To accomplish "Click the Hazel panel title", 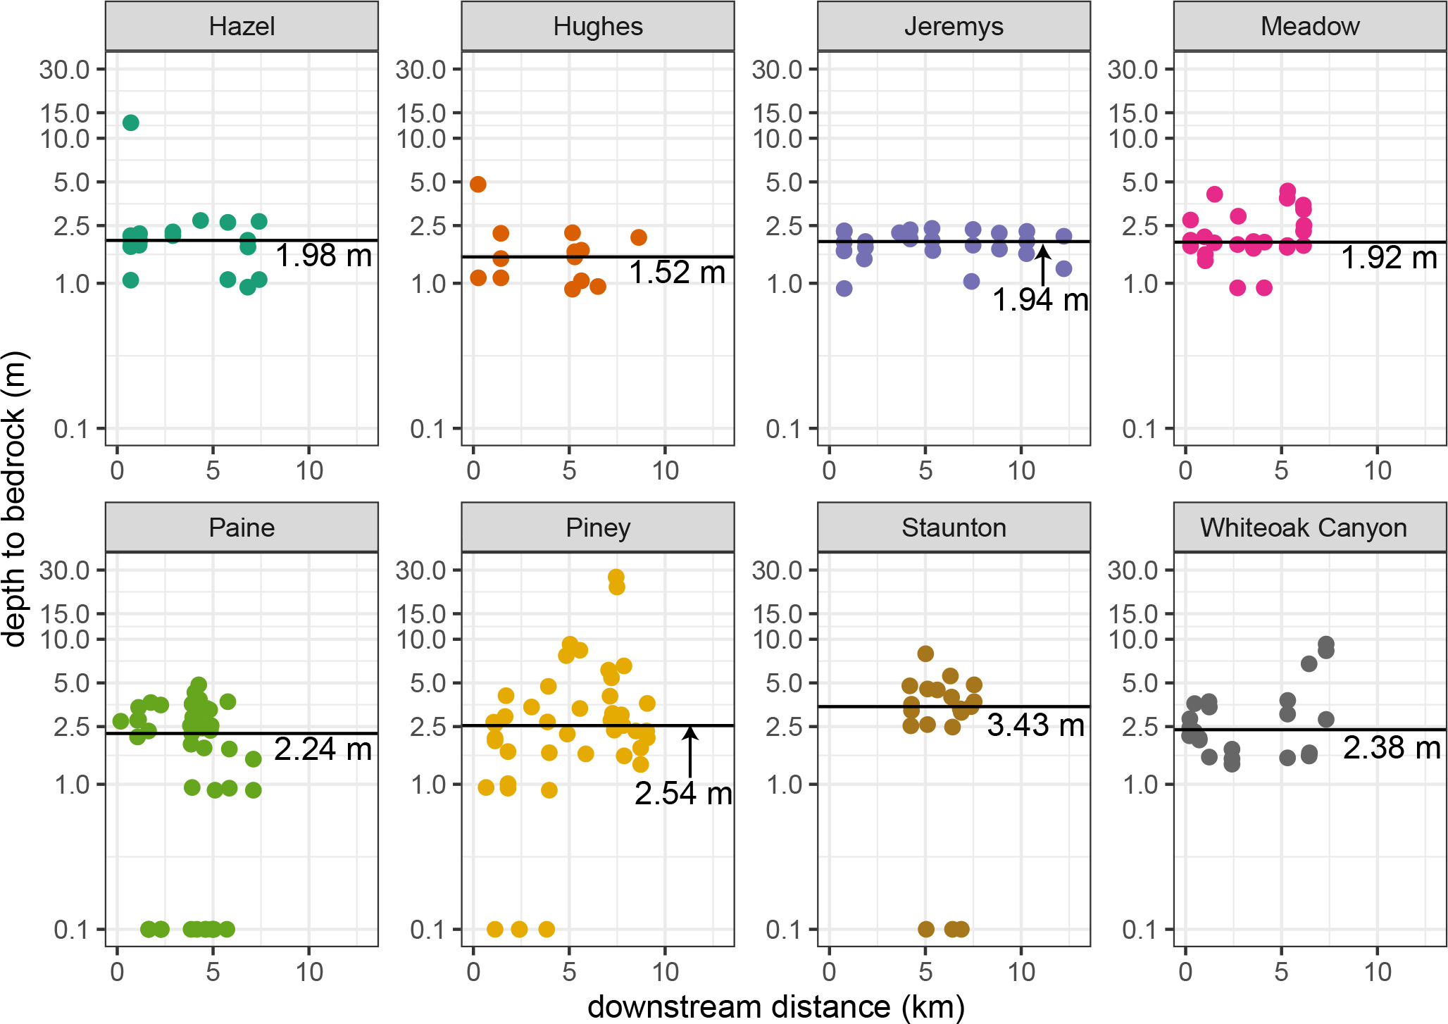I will tap(242, 27).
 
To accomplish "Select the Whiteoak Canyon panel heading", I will tap(1303, 527).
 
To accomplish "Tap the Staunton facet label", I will tap(954, 527).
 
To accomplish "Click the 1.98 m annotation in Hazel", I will tap(323, 256).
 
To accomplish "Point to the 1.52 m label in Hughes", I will tap(677, 273).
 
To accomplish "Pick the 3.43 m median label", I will tap(1035, 725).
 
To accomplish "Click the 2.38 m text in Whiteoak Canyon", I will tap(1392, 748).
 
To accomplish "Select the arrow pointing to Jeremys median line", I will tap(1043, 265).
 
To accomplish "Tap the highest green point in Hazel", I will tap(131, 123).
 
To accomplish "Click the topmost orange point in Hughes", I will tap(478, 185).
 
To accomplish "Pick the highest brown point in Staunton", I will tap(925, 654).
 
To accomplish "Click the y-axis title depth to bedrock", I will tap(14, 499).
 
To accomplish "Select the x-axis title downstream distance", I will tap(775, 1007).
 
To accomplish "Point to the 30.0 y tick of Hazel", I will tap(65, 70).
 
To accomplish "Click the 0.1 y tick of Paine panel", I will tap(71, 930).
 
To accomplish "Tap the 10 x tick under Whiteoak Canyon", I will tap(1378, 973).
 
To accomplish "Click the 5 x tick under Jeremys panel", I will tap(925, 471).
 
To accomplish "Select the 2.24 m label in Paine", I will tap(323, 749).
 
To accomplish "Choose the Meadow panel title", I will tap(1310, 27).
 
